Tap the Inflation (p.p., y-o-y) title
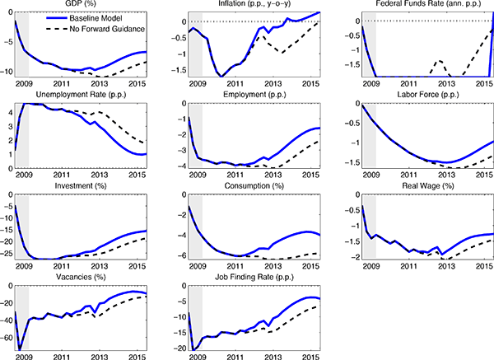[253, 5]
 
